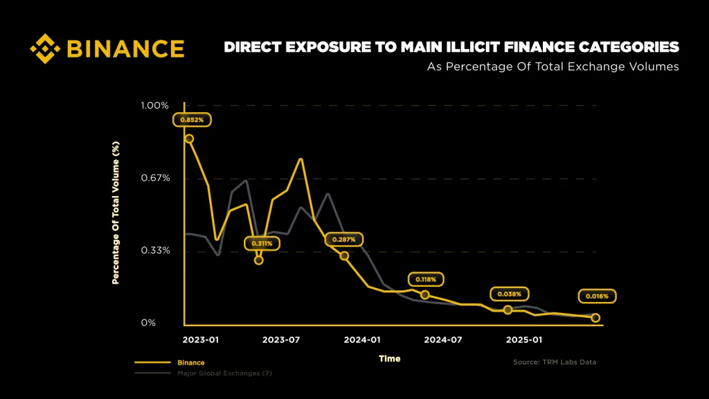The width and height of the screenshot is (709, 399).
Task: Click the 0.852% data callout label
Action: pos(192,120)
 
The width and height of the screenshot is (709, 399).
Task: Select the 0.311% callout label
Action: pos(262,243)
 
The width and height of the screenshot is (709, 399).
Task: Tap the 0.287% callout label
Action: pos(344,240)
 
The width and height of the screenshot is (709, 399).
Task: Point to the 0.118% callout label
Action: pos(425,279)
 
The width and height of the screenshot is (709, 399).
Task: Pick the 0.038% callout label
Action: pos(508,294)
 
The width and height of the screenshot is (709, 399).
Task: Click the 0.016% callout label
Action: pos(597,296)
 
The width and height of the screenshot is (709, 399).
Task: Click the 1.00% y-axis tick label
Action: pos(154,105)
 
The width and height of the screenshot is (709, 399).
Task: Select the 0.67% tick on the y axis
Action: pos(155,178)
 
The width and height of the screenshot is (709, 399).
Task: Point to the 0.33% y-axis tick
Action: pos(155,250)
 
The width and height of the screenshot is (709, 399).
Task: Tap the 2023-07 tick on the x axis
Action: pos(282,340)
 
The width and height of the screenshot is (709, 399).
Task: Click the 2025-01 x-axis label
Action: pos(524,340)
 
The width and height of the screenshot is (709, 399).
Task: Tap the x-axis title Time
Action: pos(389,359)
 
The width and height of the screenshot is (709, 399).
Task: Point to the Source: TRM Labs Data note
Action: pos(554,362)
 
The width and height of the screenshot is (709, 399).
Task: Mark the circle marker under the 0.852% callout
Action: pos(188,139)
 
